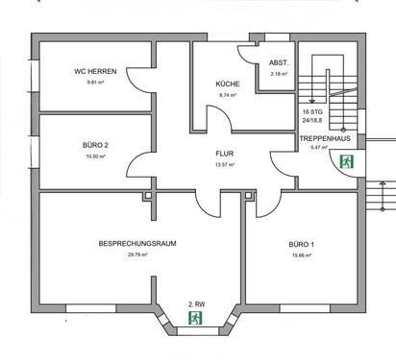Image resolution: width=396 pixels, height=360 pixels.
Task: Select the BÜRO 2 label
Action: click(94, 145)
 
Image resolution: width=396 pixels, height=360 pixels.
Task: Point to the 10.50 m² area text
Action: click(94, 156)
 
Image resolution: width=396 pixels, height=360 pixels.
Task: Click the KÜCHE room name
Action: click(229, 84)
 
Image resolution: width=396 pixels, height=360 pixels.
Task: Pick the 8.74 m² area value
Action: click(229, 96)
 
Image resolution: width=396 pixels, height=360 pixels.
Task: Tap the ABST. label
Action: click(280, 63)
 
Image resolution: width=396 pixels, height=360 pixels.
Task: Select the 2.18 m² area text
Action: click(280, 74)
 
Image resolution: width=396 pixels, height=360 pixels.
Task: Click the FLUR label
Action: click(227, 153)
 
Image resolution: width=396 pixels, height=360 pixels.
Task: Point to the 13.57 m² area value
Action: click(227, 164)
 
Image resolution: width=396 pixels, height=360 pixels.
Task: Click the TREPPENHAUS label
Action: click(322, 136)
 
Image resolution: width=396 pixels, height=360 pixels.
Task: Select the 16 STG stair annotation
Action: click(312, 112)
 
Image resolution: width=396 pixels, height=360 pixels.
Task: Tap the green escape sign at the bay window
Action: click(195, 315)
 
